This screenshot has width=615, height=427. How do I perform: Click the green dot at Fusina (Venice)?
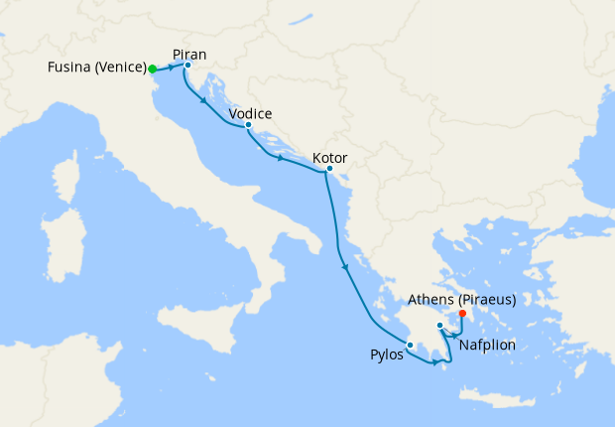click(152, 70)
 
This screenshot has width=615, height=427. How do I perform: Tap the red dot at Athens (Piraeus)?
click(462, 315)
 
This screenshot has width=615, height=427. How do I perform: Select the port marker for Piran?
click(187, 66)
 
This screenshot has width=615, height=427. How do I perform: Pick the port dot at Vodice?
click(247, 125)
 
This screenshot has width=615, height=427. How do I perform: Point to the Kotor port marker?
click(329, 169)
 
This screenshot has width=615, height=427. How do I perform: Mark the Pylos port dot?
click(410, 345)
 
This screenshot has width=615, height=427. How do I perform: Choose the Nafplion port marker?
click(439, 325)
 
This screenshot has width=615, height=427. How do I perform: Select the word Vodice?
click(250, 113)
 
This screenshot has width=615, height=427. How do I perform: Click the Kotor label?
click(329, 157)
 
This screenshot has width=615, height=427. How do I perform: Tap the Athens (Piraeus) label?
click(462, 300)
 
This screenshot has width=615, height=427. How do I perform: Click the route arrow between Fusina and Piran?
click(171, 68)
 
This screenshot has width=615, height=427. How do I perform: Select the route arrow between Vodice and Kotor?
click(281, 158)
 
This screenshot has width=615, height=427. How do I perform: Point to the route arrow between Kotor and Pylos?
click(344, 265)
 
